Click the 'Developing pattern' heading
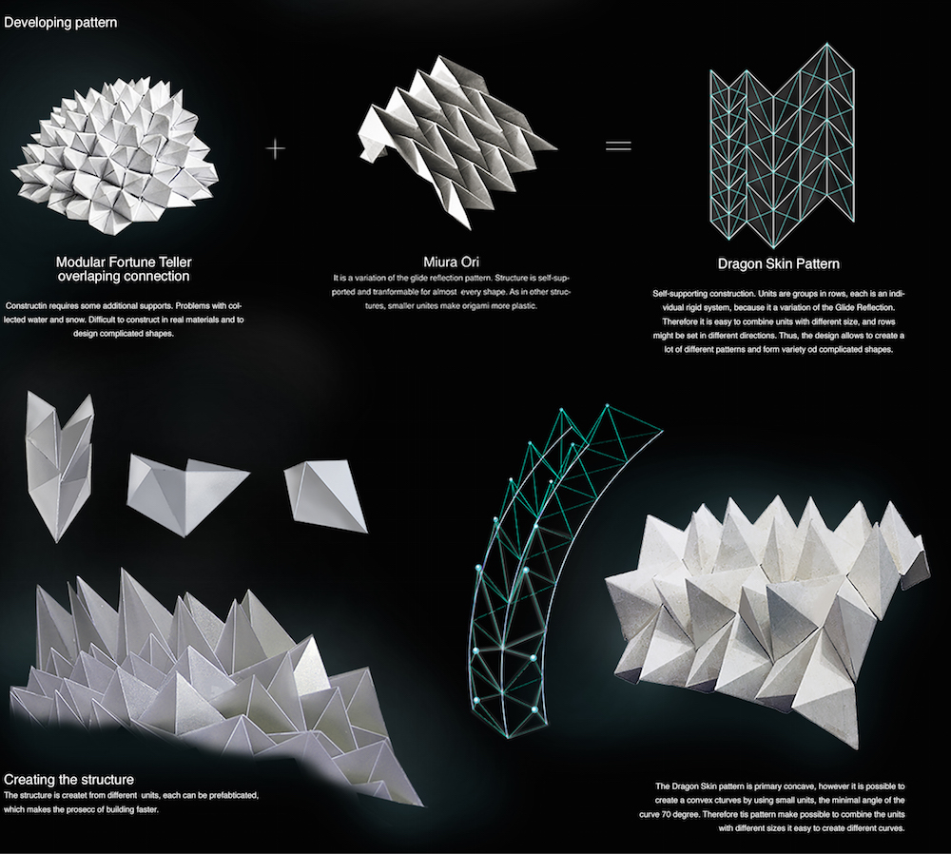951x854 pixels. [61, 23]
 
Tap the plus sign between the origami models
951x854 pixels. [276, 148]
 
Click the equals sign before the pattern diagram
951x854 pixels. [619, 146]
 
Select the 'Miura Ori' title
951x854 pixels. [451, 262]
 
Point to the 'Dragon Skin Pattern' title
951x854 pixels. [779, 263]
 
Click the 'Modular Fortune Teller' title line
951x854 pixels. [124, 262]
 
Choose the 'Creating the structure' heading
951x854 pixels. [69, 780]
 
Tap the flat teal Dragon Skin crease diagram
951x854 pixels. [783, 146]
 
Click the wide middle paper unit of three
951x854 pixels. [185, 495]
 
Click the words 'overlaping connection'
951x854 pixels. [124, 277]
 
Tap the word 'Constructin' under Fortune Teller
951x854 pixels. [28, 305]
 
